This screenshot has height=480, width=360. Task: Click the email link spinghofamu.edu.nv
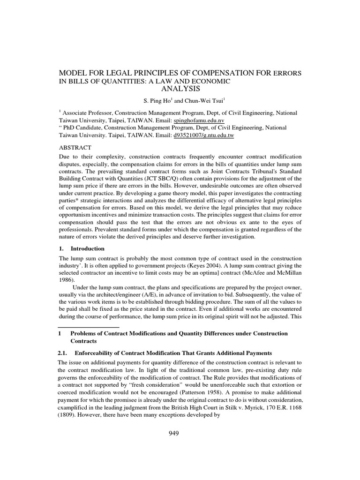pos(199,120)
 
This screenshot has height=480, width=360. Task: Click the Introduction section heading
pos(87,248)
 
